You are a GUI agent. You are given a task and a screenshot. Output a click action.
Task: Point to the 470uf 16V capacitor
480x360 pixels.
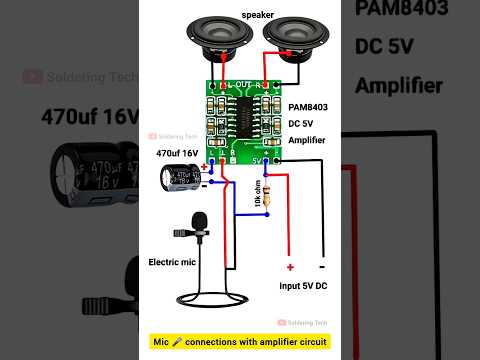[x=183, y=178]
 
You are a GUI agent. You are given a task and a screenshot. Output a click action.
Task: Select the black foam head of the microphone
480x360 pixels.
[x=199, y=221]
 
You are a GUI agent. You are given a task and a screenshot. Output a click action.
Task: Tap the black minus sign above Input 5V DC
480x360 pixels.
[x=322, y=267]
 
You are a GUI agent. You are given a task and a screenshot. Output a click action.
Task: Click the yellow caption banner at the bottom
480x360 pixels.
[x=240, y=343]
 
